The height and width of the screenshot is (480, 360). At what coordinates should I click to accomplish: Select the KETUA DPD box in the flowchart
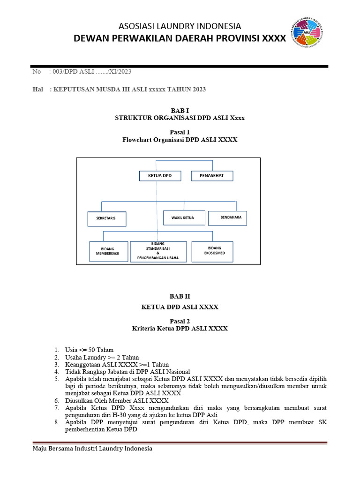160,176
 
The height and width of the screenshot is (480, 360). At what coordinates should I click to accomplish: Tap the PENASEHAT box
212,176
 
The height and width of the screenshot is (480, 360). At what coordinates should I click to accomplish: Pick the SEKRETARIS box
108,219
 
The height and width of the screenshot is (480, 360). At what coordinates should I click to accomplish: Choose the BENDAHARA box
227,217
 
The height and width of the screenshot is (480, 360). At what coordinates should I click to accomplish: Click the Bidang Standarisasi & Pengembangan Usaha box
158,251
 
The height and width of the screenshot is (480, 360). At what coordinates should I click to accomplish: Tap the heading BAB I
180,110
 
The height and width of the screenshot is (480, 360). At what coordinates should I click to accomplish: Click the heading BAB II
180,296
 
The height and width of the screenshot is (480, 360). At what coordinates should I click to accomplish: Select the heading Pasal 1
180,132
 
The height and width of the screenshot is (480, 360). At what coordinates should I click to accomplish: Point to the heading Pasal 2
180,321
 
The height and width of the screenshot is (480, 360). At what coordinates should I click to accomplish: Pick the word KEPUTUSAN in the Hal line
73,90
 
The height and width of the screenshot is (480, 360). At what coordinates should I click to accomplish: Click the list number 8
56,422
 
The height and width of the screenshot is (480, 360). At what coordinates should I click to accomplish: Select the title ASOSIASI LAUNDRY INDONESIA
180,26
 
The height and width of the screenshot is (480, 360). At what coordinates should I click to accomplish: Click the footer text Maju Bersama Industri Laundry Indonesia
92,449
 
